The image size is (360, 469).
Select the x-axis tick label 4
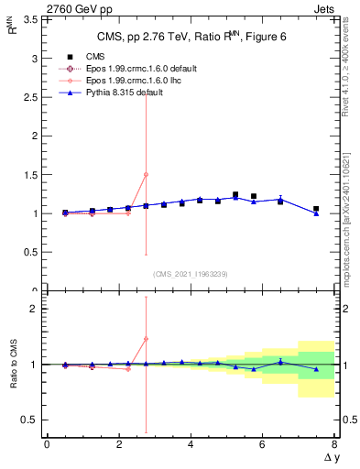[x=191, y=444]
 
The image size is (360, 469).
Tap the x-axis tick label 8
[x=334, y=444]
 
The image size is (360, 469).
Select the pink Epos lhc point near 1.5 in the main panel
[x=146, y=174]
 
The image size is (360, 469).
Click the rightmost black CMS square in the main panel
[x=316, y=209]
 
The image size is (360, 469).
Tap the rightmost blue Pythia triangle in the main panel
[x=316, y=213]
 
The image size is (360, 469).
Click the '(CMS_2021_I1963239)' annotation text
[x=190, y=274]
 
